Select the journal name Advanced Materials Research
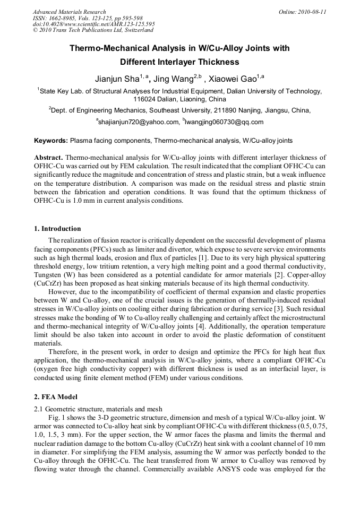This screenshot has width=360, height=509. coord(69,12)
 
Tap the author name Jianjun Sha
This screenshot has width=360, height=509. coord(116,79)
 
